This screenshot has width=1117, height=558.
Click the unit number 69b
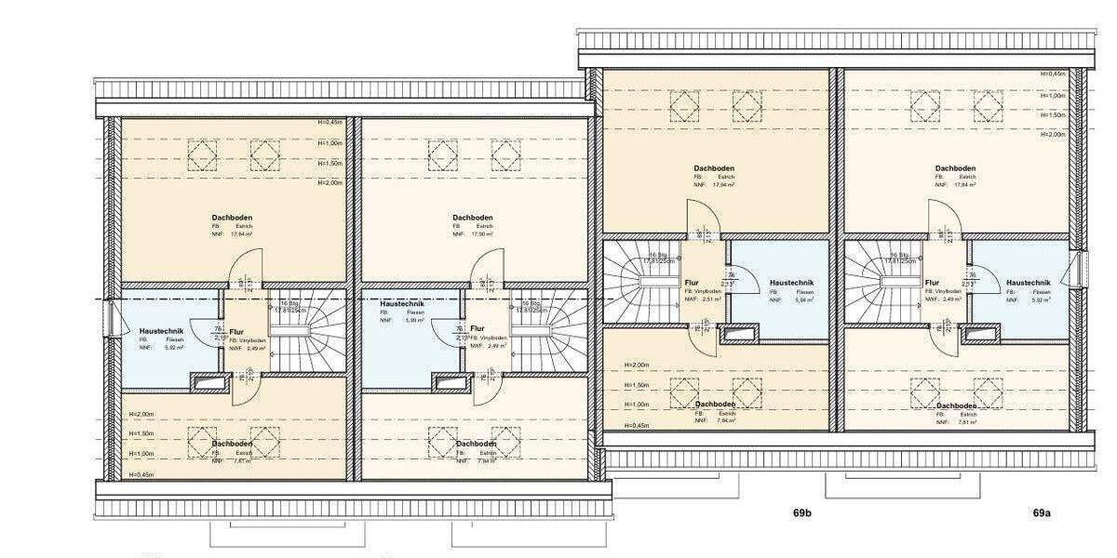coord(802,512)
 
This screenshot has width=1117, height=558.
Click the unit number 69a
coord(1041,512)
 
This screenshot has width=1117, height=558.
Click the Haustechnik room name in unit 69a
coord(1029,282)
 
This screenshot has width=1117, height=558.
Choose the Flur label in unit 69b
coord(692,282)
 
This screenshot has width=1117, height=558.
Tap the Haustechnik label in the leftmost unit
coord(161,331)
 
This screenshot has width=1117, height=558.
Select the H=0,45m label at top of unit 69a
coord(1053,74)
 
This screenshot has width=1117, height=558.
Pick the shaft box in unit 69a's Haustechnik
coord(982,333)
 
